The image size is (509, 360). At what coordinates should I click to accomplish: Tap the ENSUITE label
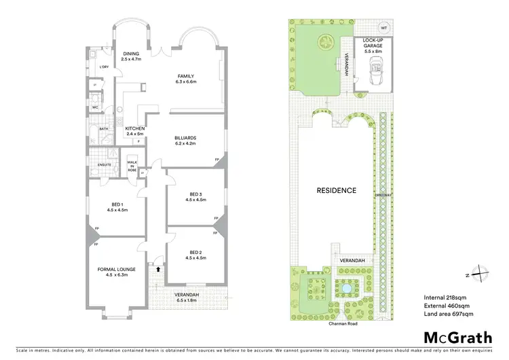point(104,164)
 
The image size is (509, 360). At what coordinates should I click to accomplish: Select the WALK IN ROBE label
point(132,165)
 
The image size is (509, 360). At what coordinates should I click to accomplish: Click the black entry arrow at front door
point(159,269)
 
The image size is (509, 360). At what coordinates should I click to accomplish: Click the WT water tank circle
point(383,28)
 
